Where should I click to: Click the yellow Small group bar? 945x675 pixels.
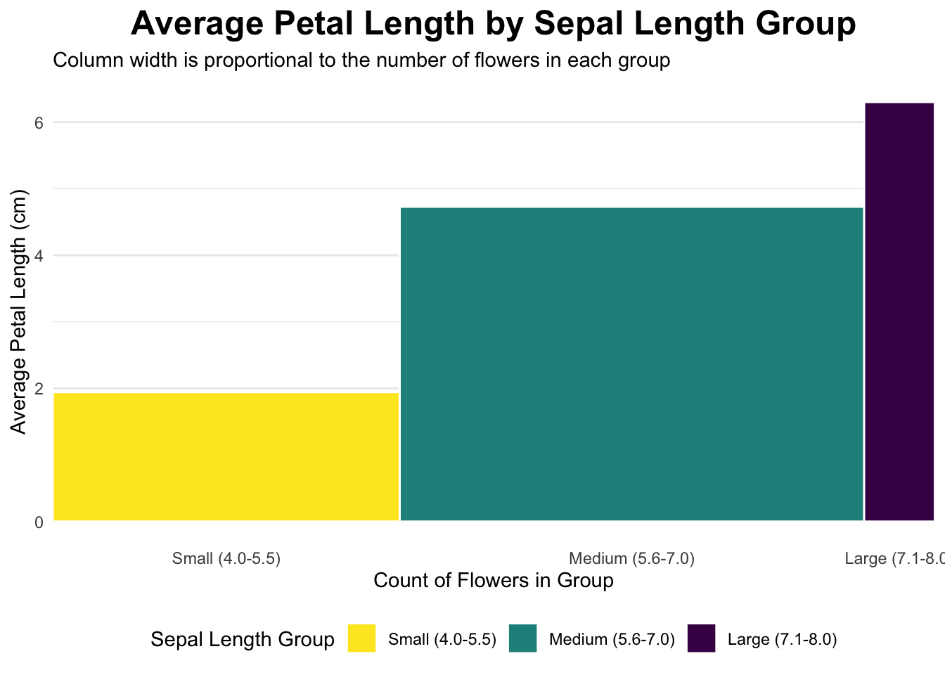click(226, 457)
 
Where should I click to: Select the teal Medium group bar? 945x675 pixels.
click(631, 364)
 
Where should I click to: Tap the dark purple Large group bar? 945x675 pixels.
click(899, 311)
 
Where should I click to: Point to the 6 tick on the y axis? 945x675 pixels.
click(39, 123)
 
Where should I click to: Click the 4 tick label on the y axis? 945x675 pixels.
click(39, 256)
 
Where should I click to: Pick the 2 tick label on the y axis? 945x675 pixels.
click(39, 389)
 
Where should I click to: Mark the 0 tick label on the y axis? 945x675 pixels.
click(39, 522)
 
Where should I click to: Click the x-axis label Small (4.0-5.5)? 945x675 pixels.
click(226, 558)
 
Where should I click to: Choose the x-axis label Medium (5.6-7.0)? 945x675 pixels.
click(631, 558)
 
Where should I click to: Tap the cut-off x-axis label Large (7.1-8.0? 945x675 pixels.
click(895, 558)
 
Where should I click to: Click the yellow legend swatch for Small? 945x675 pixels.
click(361, 638)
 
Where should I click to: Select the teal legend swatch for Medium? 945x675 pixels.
click(522, 638)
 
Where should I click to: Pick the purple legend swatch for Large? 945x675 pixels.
click(701, 638)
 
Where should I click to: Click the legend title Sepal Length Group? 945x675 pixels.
click(243, 640)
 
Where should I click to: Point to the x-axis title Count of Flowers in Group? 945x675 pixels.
click(494, 581)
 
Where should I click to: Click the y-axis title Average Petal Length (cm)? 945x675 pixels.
click(18, 311)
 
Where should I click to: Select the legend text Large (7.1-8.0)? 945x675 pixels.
click(782, 640)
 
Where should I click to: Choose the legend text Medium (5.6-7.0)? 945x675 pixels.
click(612, 640)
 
